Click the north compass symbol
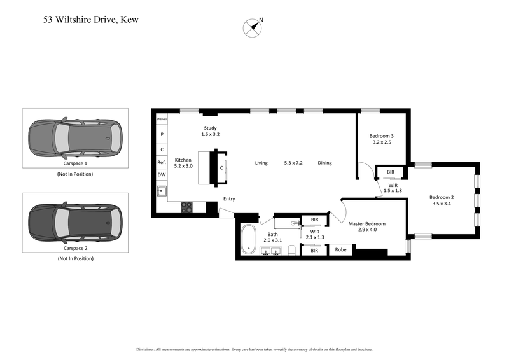tap(253, 27)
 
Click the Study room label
tap(210, 131)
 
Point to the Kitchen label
tap(184, 162)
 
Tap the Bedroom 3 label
tap(382, 139)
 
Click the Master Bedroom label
tap(367, 227)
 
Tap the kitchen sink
tap(162, 190)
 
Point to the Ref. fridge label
tap(162, 162)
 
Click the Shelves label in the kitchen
tap(162, 119)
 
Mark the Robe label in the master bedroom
tap(340, 250)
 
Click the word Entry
tap(229, 199)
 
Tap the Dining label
tap(325, 163)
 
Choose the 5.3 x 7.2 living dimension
tap(293, 163)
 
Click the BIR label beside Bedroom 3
tap(391, 172)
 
